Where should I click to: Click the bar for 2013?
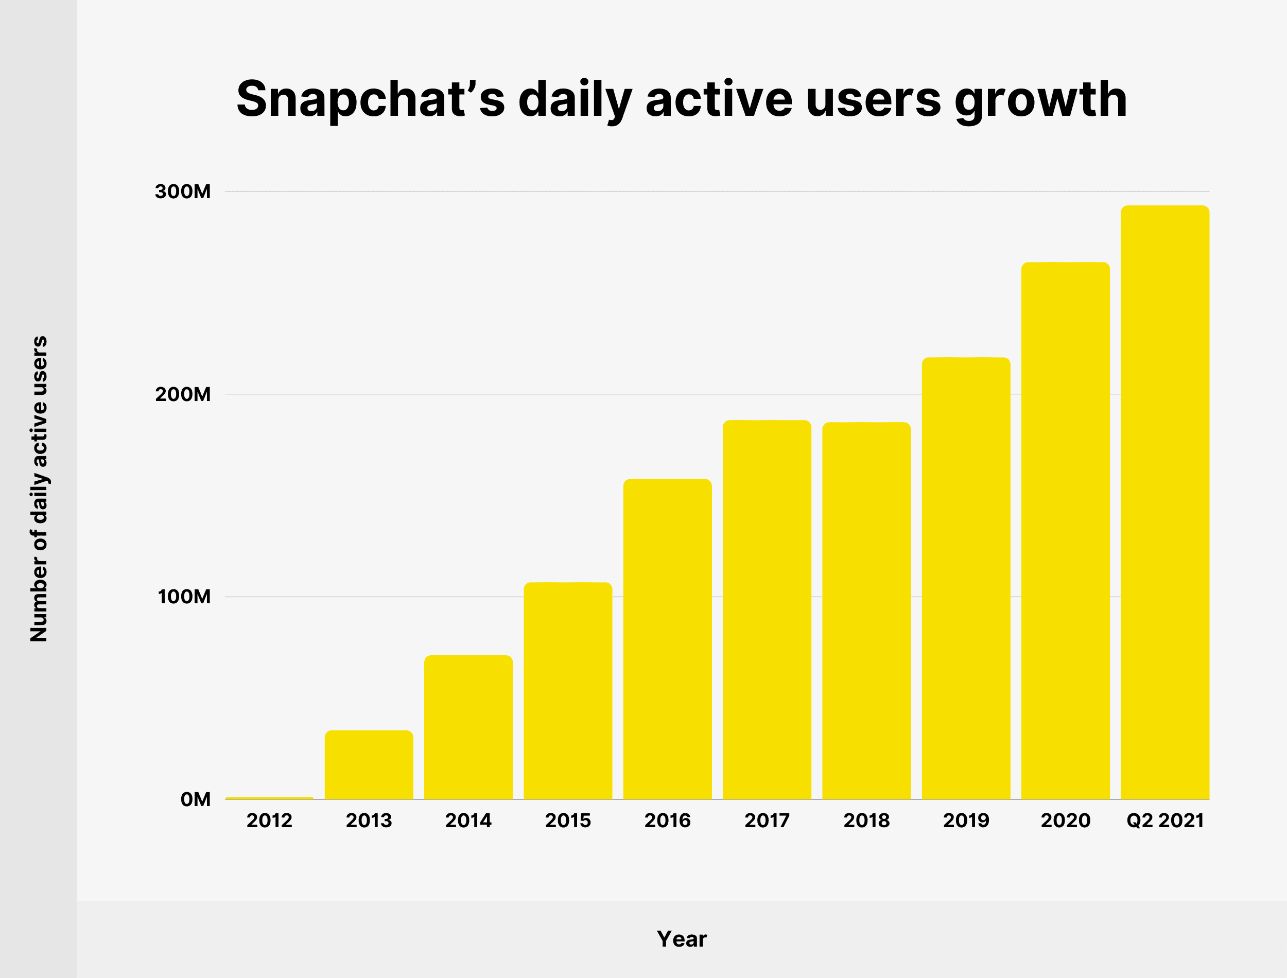369,765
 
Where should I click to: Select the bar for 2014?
468,728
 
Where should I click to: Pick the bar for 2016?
667,639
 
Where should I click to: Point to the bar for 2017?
767,610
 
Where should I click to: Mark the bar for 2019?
966,579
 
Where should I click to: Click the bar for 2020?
1065,531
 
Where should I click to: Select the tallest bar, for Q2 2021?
1165,503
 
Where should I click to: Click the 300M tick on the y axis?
183,191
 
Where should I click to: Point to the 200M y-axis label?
183,395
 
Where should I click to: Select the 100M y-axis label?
184,597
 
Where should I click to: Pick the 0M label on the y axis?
196,799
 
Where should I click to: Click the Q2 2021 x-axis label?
1165,821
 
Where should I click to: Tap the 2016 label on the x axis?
667,821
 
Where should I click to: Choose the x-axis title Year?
682,939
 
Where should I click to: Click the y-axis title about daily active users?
39,489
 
